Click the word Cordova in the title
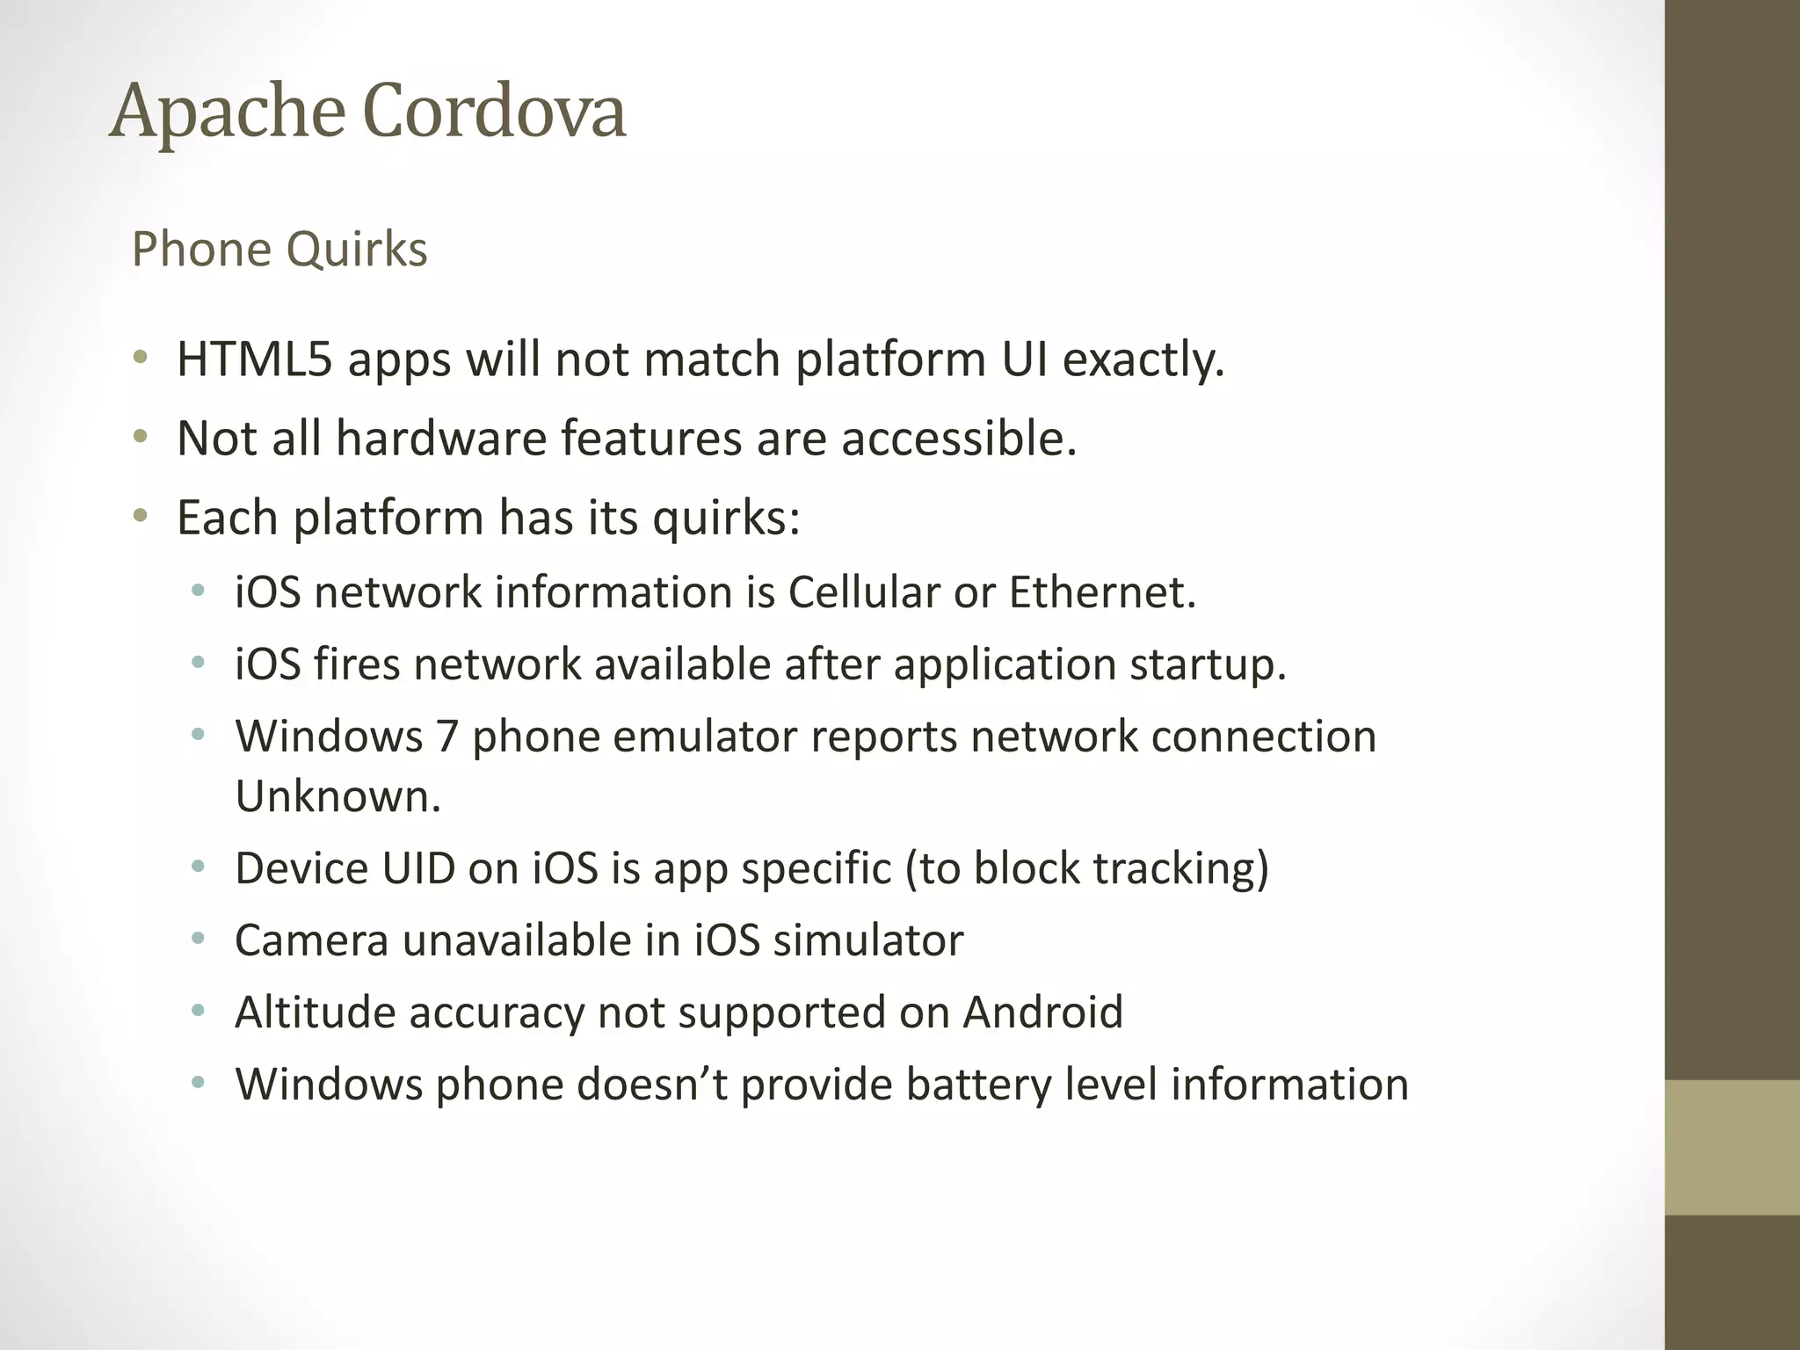(494, 111)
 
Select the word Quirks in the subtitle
(357, 250)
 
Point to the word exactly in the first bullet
(1143, 359)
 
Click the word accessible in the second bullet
(958, 438)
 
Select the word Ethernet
(1102, 592)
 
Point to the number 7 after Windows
(447, 737)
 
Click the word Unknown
(337, 796)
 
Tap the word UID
(417, 868)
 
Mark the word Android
(1043, 1012)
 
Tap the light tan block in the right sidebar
(1732, 1148)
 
